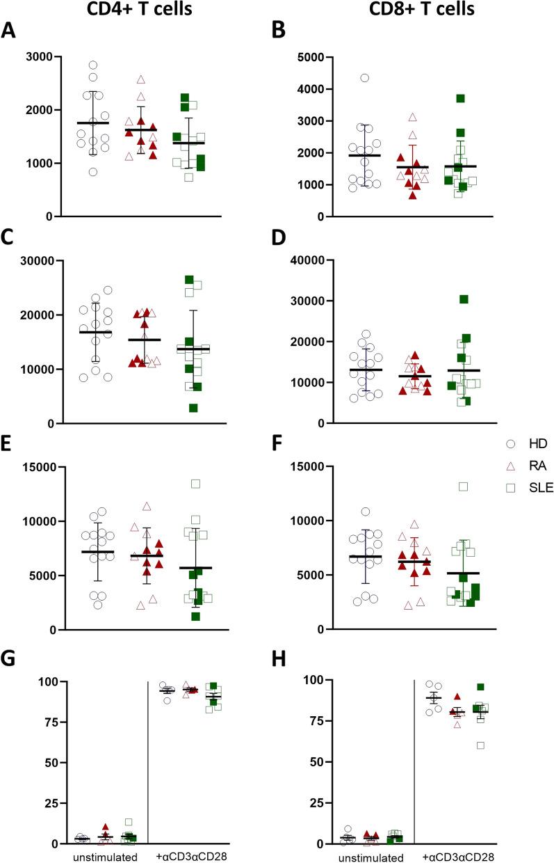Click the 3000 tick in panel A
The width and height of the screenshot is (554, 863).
click(38, 56)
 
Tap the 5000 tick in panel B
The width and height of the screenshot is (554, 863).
click(331, 57)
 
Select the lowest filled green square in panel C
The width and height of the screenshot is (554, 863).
click(194, 408)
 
